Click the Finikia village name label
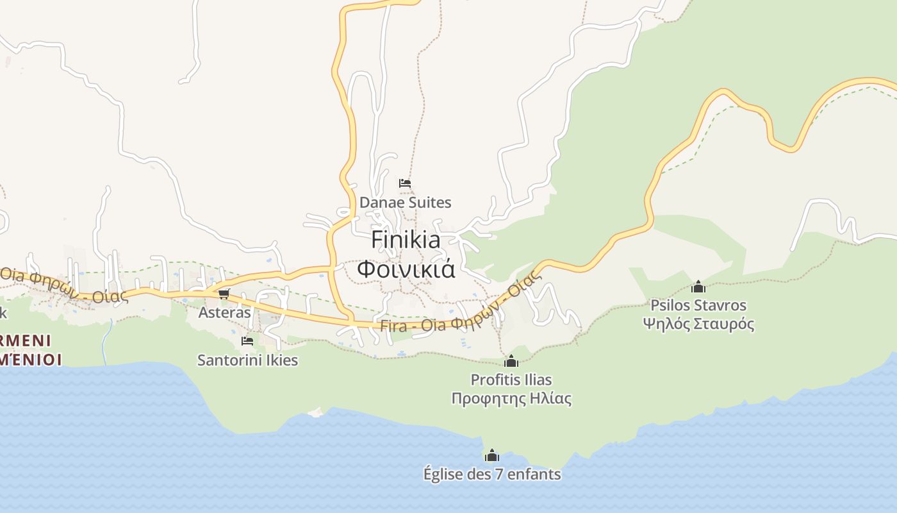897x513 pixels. coord(406,240)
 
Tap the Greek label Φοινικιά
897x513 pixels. coord(406,268)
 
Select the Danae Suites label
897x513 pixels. coord(405,203)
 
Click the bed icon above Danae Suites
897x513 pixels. coord(404,183)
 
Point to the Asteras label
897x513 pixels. coord(224,313)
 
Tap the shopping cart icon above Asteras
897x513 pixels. coord(224,294)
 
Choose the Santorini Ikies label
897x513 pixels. coord(247,360)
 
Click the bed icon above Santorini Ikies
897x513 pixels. coord(247,341)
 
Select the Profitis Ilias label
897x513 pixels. coord(511,380)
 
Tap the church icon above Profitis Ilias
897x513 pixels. coord(511,361)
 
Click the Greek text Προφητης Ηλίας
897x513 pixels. coord(511,398)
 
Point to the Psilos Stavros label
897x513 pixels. coord(698,305)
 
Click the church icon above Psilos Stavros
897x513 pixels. coord(698,287)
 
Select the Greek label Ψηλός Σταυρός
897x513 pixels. coord(698,324)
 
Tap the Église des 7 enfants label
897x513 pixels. coord(491,475)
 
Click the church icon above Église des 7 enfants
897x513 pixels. coord(491,455)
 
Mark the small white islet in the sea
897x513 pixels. coord(315,412)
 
